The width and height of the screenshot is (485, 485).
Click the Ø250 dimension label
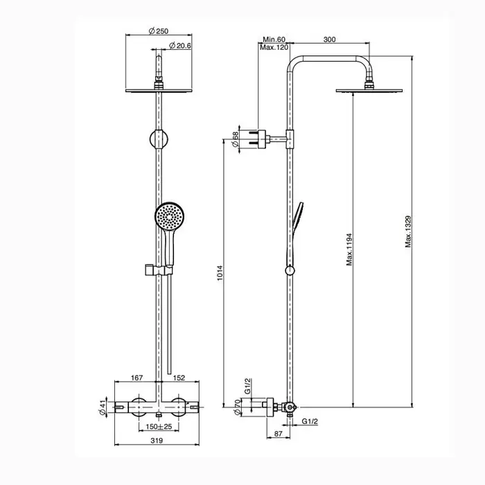(159, 31)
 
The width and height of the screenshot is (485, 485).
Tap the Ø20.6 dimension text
(180, 46)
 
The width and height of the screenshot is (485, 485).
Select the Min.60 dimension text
(274, 39)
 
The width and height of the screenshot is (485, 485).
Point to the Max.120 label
(274, 47)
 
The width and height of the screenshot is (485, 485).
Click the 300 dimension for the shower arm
(329, 39)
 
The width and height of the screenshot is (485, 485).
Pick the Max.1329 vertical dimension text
(408, 231)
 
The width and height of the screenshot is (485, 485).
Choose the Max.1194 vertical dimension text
(349, 249)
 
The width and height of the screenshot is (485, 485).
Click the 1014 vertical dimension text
(220, 273)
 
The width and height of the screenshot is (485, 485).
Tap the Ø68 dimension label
(235, 139)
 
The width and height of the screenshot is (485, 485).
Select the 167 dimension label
(136, 378)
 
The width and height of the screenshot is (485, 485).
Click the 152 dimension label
(179, 378)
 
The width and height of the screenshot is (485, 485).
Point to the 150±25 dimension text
(159, 427)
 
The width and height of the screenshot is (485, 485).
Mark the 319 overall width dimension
(157, 440)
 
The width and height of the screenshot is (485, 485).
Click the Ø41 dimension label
(103, 407)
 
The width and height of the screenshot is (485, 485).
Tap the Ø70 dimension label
(237, 407)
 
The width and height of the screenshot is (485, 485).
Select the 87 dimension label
(279, 434)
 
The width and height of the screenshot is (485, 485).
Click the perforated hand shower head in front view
(170, 216)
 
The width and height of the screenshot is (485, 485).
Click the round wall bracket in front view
(159, 139)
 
